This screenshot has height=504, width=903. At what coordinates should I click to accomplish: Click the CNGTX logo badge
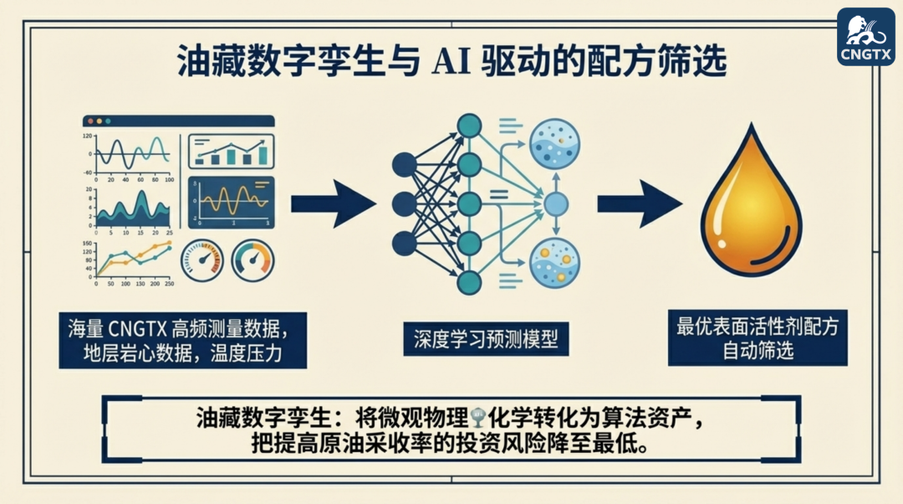click(865, 38)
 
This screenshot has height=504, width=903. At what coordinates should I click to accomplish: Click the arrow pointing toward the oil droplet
click(639, 203)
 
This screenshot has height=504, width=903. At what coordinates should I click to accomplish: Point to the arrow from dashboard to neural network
click(333, 203)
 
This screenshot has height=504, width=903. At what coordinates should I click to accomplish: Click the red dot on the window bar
click(88, 121)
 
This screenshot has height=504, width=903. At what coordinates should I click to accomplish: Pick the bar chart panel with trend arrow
click(231, 152)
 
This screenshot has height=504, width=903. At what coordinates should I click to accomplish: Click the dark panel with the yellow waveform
click(231, 203)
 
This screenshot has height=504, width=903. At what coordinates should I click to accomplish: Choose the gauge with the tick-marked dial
click(202, 261)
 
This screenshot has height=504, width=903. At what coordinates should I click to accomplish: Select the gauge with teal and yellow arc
click(253, 261)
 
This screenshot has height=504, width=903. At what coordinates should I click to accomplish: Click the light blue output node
click(555, 203)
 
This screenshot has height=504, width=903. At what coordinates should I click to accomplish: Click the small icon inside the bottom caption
click(478, 417)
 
